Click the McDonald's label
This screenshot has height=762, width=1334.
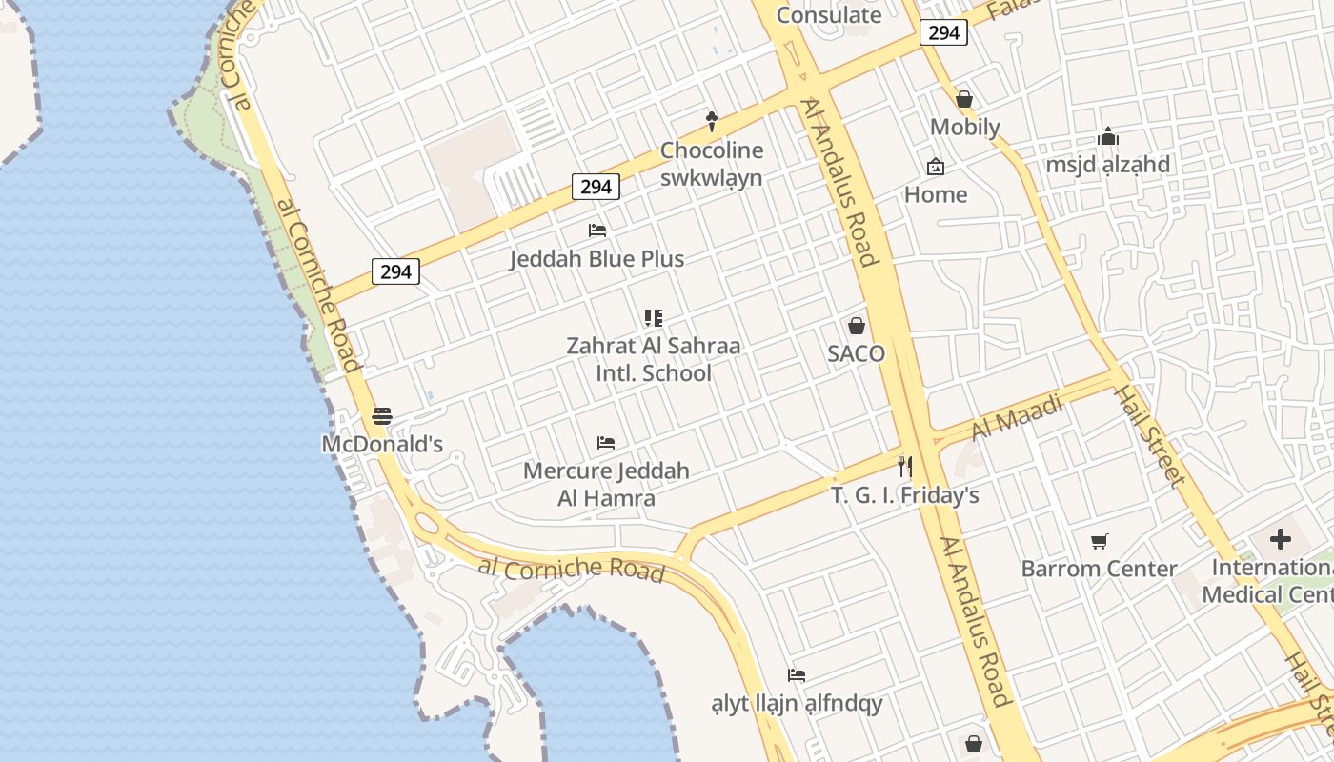(382, 444)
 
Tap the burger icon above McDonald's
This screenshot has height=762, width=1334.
(382, 416)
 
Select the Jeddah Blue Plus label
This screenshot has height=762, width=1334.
(596, 259)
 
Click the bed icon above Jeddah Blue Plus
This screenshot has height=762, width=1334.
(597, 231)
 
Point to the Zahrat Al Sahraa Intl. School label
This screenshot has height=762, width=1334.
(653, 359)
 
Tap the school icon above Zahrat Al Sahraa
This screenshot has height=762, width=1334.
(653, 318)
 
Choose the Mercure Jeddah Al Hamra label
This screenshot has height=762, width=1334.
(606, 484)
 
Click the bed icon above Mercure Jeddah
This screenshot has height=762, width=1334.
(605, 443)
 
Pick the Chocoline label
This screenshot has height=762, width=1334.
(712, 150)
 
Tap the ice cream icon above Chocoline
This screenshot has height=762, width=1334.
(711, 122)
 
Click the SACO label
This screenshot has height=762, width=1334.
(856, 353)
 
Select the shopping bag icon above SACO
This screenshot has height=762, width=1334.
(857, 326)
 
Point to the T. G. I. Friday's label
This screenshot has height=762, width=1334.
(904, 495)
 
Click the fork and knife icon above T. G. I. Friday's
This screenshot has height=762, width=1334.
(904, 467)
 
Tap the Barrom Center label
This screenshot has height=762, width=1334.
(1099, 569)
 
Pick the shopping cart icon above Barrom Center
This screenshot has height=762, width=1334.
(1100, 541)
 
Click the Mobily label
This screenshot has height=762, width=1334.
(964, 127)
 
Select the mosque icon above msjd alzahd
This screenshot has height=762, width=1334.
(1107, 137)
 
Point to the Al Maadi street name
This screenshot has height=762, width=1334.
(1017, 417)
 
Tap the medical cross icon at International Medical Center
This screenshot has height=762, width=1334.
(1280, 540)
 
